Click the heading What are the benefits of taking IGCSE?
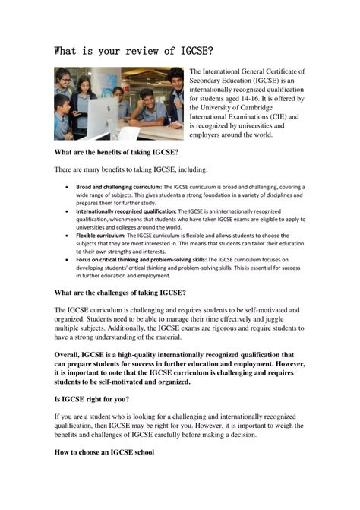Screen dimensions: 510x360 (x=116, y=152)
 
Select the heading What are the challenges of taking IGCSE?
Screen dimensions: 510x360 (x=120, y=292)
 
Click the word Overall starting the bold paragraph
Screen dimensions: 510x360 (x=72, y=354)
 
